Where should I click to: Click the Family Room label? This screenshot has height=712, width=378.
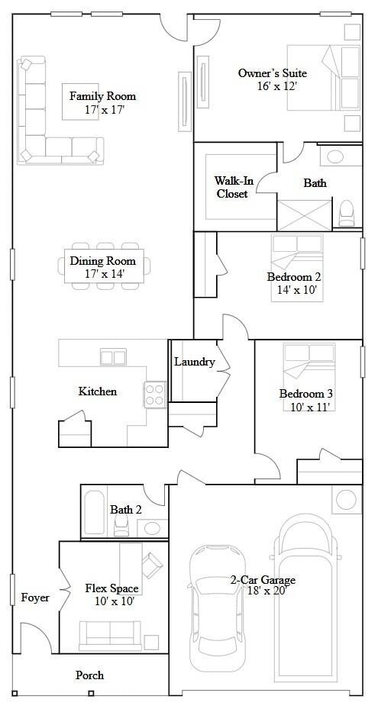tap(102, 96)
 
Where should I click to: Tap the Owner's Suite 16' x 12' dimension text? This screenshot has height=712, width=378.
tap(276, 87)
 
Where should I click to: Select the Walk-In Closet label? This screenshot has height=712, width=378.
tap(231, 187)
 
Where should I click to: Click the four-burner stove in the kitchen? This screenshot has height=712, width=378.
tap(155, 394)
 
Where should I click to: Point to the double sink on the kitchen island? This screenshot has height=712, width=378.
tap(113, 357)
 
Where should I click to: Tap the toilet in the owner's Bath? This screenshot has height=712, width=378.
tap(347, 211)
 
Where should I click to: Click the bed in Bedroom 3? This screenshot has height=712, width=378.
tap(309, 366)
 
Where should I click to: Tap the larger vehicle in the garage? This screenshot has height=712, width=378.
tap(305, 595)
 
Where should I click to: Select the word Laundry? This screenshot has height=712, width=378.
tap(194, 362)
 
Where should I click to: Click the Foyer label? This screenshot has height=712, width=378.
tap(35, 598)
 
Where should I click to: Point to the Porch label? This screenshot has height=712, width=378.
tap(89, 675)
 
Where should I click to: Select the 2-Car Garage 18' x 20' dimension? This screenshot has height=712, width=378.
tap(265, 591)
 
